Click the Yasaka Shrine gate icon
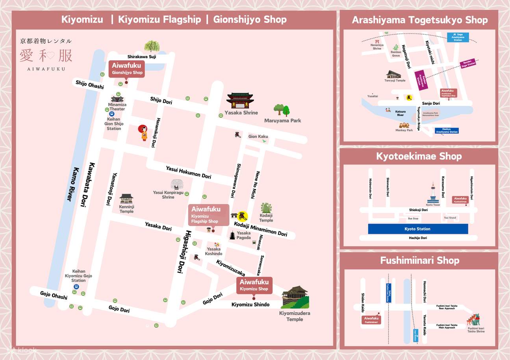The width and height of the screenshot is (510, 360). [240, 101]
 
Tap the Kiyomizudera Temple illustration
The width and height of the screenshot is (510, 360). [295, 297]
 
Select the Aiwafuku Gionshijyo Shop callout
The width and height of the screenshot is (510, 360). [127, 69]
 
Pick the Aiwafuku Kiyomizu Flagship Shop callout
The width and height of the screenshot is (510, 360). [208, 215]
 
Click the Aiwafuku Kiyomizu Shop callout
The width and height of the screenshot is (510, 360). [254, 285]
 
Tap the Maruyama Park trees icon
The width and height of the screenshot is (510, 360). [282, 110]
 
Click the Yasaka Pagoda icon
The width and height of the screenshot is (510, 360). [232, 236]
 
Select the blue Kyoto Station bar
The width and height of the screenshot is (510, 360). [418, 229]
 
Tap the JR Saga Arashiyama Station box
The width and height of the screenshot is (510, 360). [458, 37]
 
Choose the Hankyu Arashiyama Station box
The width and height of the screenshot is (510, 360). [447, 131]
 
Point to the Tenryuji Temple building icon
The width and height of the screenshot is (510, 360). [394, 74]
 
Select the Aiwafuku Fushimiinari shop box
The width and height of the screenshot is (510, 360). [371, 320]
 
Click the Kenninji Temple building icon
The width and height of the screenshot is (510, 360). [126, 199]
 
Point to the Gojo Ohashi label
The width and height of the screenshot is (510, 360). [54, 295]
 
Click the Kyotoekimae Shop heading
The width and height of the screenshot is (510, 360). [419, 156]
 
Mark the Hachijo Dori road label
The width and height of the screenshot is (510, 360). [418, 238]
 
